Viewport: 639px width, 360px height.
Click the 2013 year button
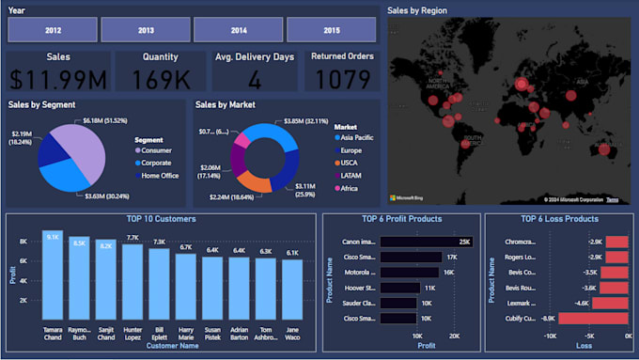(x=146, y=30)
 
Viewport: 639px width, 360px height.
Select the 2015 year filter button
(x=332, y=30)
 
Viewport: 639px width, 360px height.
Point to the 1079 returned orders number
(x=341, y=79)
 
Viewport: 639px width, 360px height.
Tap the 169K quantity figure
(x=160, y=80)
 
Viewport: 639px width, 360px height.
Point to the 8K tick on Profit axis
(x=23, y=242)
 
